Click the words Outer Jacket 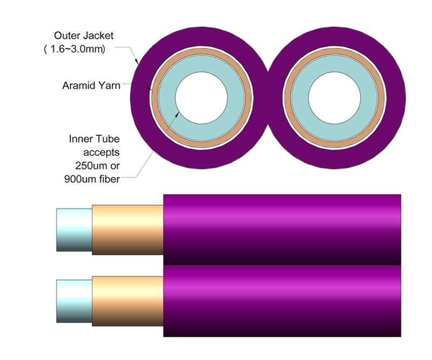click(x=84, y=36)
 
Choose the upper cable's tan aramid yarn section click(x=127, y=229)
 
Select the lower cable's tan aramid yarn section click(x=127, y=301)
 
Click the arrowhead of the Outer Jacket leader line click(x=138, y=63)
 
